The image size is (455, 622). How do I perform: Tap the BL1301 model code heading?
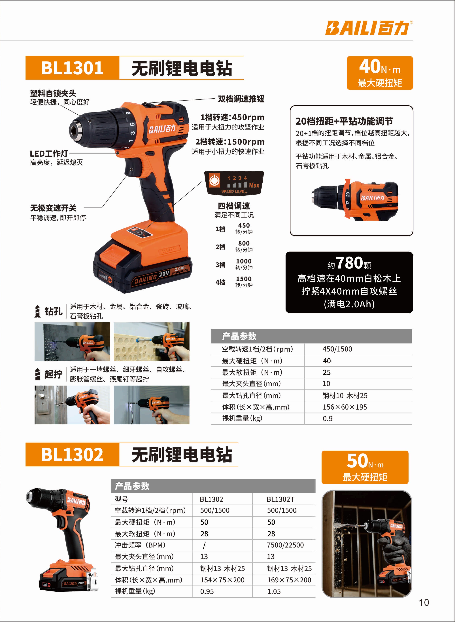point(72,68)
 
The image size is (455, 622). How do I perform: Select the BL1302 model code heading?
point(72,454)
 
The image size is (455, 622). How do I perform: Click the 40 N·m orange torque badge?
point(380,73)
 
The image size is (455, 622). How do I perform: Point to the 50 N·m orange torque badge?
point(365,467)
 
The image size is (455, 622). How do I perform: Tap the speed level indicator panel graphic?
point(234,183)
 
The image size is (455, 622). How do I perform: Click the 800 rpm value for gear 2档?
point(244,243)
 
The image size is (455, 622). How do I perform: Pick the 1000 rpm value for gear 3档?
point(244,261)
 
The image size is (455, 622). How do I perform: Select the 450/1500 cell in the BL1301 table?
point(337,349)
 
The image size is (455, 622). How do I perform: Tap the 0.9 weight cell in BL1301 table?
point(328,419)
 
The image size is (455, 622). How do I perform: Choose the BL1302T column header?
point(280,499)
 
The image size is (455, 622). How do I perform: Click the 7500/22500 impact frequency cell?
point(285,545)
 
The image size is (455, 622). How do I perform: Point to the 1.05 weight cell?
point(274,591)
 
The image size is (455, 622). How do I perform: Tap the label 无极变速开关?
point(53,208)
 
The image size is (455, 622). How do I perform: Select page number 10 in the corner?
point(424,603)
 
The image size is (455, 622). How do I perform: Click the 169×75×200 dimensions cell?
point(289,580)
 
